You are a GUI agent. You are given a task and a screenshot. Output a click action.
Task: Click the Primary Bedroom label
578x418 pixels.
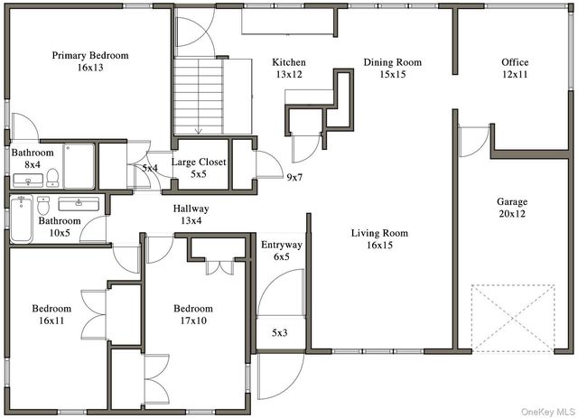tap(90, 55)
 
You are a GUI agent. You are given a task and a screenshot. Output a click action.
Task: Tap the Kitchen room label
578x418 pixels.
tap(289, 62)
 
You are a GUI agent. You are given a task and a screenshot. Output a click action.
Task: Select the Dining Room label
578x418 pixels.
tap(393, 62)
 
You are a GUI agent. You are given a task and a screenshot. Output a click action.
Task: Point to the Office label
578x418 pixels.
tap(515, 62)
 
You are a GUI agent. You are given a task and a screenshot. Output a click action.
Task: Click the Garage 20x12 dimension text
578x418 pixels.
tap(512, 214)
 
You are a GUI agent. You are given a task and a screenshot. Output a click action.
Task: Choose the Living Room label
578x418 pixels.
tap(379, 233)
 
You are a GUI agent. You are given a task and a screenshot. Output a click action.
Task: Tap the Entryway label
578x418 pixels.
tap(282, 246)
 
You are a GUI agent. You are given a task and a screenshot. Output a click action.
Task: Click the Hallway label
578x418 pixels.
tap(191, 209)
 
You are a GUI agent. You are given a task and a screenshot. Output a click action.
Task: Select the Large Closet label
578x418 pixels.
tap(199, 163)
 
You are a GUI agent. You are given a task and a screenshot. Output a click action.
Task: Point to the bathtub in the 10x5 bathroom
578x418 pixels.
tap(22, 219)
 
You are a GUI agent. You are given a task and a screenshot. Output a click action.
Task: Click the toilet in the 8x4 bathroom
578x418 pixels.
tap(52, 178)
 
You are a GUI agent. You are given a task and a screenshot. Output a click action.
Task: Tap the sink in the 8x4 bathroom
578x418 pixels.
tap(28, 181)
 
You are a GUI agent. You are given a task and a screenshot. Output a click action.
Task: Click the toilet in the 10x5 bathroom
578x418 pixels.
tap(43, 206)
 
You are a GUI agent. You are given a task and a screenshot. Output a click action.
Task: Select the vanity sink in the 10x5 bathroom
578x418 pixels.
tap(79, 204)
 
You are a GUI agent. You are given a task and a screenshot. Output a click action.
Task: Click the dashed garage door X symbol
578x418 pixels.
tap(513, 318)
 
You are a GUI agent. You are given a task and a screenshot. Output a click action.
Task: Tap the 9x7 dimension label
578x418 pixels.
tap(294, 178)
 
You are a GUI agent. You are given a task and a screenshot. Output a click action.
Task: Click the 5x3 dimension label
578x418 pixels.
tap(280, 333)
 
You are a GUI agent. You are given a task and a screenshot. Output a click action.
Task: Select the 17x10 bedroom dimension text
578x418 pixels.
tap(193, 320)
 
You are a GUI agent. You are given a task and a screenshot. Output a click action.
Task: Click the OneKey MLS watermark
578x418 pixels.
tap(548, 412)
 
